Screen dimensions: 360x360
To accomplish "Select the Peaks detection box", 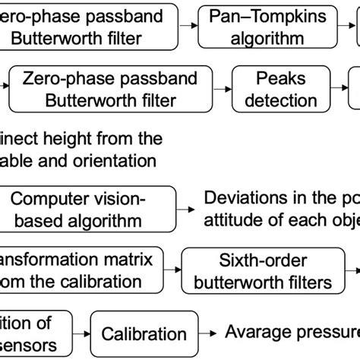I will click(x=270, y=88).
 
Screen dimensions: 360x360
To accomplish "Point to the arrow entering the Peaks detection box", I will click(x=216, y=89).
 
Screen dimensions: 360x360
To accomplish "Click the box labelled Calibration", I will click(x=144, y=333).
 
